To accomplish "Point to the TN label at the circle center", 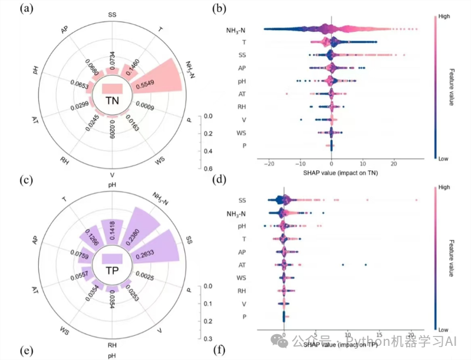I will coord(112,101).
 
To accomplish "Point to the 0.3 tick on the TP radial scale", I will coord(208,338).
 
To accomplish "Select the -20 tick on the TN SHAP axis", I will coord(269,163).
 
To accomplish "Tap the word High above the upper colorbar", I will coord(444,16).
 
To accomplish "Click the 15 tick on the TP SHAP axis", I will coord(380,332).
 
